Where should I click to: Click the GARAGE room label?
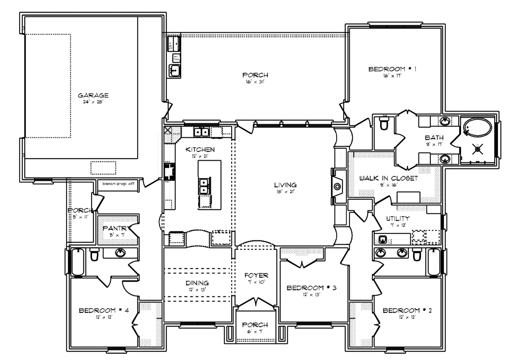tap(93, 95)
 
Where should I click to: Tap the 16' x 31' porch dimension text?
tap(255, 82)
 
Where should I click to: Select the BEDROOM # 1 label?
tap(392, 69)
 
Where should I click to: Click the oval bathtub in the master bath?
tap(477, 128)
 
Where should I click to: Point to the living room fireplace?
tap(337, 187)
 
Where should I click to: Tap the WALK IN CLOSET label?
tap(388, 178)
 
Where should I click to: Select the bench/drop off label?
tap(118, 184)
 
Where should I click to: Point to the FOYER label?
tap(256, 275)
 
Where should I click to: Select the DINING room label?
tap(197, 283)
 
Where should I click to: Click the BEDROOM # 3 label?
tap(311, 288)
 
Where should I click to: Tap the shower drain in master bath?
tap(478, 149)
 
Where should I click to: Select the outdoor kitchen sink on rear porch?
tap(174, 70)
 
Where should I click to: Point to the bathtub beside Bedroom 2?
tap(434, 262)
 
